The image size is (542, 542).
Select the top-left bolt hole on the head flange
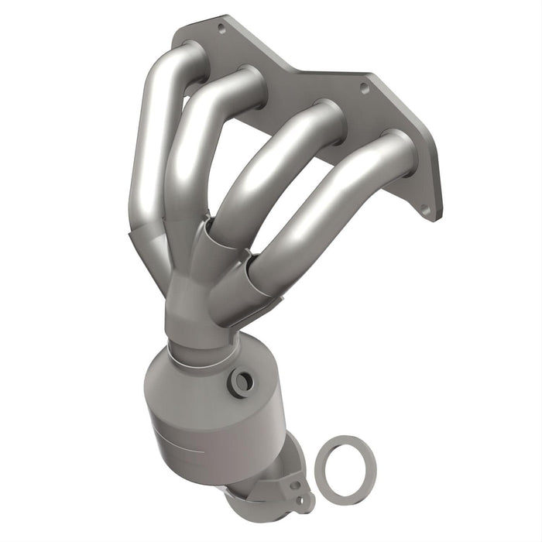click(222, 29)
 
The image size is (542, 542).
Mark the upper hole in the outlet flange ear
click(293, 485)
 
